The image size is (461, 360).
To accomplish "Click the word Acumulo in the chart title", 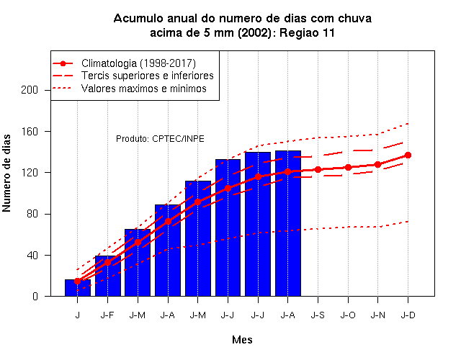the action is (x=138, y=19).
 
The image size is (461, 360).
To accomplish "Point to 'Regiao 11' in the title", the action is (x=307, y=32).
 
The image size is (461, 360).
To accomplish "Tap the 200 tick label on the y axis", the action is (x=30, y=90).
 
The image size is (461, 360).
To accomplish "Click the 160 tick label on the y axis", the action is (x=30, y=131).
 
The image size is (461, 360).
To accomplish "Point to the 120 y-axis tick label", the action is (x=30, y=173).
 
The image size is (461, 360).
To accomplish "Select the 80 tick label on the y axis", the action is (x=32, y=214).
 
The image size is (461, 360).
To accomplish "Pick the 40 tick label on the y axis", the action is (x=32, y=255).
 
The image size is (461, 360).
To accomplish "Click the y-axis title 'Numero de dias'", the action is (x=6, y=173).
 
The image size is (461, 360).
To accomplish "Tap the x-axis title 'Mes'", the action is (x=242, y=340).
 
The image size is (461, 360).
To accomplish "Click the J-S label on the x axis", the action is (x=318, y=315).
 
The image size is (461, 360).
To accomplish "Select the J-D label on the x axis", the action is (x=408, y=315).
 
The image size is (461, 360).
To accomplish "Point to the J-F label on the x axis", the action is (x=107, y=315).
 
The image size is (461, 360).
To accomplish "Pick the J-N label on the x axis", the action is (x=377, y=315).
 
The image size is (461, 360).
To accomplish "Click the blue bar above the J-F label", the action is (x=107, y=276).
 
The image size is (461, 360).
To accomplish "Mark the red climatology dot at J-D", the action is (x=408, y=156).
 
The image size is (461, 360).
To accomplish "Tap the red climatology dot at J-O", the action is (x=348, y=168).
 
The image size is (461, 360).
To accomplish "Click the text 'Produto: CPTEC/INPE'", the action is (x=160, y=139).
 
